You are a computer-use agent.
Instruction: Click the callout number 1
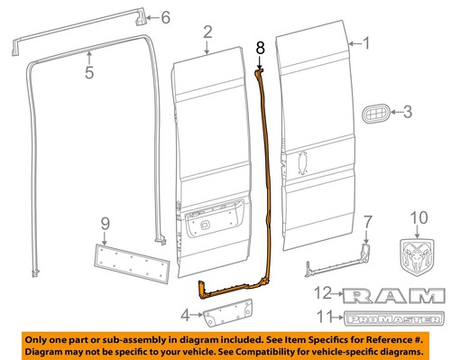(x=366, y=42)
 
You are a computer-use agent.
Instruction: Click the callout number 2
(x=207, y=33)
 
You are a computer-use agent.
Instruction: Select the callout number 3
(x=406, y=113)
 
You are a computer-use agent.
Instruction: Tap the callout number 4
(x=187, y=315)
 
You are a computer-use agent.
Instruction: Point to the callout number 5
(x=88, y=72)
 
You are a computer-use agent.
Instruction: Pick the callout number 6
(x=164, y=16)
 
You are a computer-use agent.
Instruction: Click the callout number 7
(x=366, y=221)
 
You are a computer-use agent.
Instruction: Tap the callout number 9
(x=105, y=223)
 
